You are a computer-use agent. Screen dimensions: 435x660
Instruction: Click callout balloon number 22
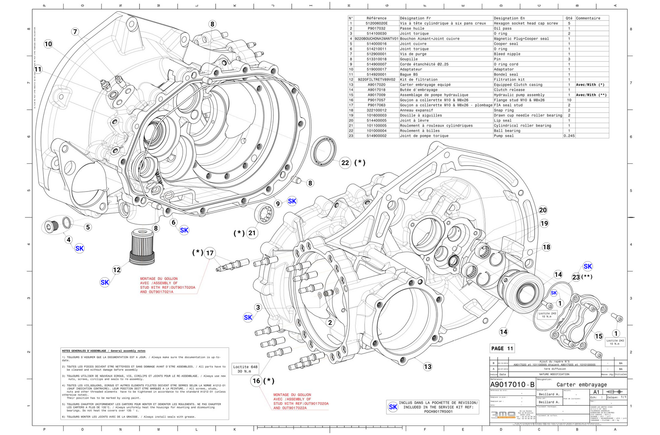point(345,163)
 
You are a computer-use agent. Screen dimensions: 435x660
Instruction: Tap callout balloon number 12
point(117,270)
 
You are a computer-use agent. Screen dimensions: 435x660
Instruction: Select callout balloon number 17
point(210,253)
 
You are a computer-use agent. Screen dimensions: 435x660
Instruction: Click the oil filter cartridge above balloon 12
point(142,247)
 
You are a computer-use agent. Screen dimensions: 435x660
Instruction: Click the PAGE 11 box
point(502,348)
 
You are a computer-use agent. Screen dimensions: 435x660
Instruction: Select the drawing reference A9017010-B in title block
point(512,385)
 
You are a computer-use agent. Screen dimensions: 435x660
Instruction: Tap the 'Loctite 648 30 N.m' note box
point(245,369)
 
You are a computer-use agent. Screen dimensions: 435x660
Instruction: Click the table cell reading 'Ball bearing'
point(507,131)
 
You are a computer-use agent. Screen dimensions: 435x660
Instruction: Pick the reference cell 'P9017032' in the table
point(376,28)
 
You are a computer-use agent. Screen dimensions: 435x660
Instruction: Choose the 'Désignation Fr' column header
point(415,18)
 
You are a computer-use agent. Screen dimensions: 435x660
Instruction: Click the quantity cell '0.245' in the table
point(569,136)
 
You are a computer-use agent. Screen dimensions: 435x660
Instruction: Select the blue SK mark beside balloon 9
point(292,201)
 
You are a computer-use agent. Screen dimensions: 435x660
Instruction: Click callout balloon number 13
point(427,366)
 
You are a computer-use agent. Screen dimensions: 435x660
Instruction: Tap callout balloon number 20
point(543,210)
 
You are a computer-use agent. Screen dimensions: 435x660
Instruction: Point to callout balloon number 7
point(75,32)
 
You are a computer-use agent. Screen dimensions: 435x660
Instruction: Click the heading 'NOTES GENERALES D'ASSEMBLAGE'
point(104,351)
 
